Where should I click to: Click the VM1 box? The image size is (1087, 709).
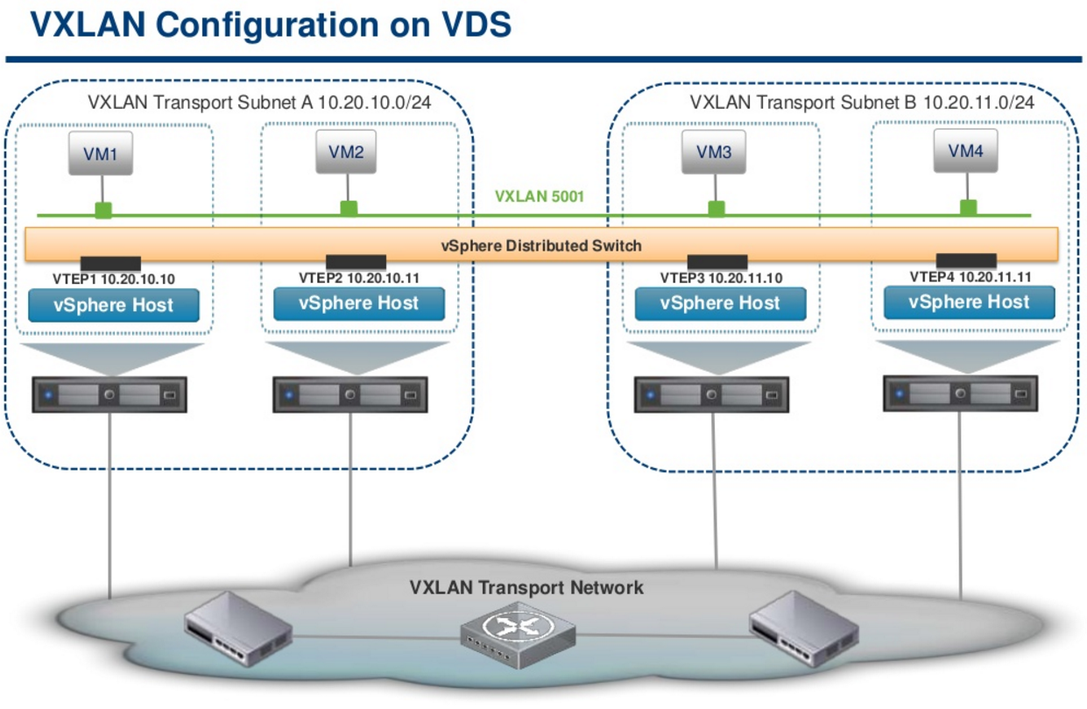coord(101,154)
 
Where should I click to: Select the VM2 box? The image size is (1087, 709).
coord(346,151)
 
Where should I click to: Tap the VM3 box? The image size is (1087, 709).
coord(714,152)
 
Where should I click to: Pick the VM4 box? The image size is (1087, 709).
coord(966,150)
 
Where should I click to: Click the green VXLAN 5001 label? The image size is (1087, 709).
coord(539,196)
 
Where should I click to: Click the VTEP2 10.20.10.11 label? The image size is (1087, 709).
coord(358,278)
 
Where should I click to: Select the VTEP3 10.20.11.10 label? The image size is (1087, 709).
coord(721,279)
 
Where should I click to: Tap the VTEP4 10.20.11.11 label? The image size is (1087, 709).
coord(970,277)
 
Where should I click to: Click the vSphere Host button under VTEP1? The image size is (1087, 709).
coord(114,306)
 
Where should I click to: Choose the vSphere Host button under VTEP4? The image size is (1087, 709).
coord(969,302)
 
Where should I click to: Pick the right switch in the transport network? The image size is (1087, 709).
coord(802,623)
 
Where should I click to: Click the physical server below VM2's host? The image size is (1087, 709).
coord(350,395)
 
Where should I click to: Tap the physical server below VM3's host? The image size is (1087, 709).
coord(711,395)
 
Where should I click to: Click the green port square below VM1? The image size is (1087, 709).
coord(103,210)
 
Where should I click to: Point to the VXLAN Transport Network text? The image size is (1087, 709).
coord(526,587)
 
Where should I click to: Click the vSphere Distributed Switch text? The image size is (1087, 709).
coord(540,245)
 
